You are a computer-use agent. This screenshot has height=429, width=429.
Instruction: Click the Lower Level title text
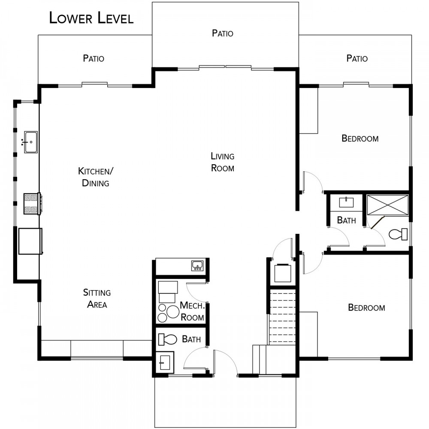click(x=91, y=18)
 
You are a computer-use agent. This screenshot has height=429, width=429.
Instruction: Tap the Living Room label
click(x=222, y=162)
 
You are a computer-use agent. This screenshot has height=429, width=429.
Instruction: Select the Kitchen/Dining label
click(x=96, y=177)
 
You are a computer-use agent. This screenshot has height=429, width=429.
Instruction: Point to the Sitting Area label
click(x=97, y=299)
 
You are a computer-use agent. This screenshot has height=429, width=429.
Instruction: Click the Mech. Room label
click(x=192, y=311)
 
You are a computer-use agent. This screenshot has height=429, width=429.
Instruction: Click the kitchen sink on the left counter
click(x=30, y=142)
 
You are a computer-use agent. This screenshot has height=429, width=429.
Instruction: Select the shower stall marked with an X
click(x=387, y=205)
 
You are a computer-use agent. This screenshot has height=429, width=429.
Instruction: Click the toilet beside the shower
click(x=398, y=234)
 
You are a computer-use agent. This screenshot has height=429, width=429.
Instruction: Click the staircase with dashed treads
click(x=282, y=317)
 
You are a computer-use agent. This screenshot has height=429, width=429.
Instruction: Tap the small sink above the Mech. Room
click(x=197, y=266)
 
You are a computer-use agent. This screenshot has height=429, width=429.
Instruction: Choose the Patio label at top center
click(x=222, y=33)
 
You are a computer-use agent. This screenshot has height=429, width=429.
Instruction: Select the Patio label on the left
click(x=94, y=58)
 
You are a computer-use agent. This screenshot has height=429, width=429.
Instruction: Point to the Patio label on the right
click(x=357, y=58)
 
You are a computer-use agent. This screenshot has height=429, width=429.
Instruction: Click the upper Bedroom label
click(x=360, y=139)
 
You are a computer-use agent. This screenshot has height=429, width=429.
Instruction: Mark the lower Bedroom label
click(x=366, y=308)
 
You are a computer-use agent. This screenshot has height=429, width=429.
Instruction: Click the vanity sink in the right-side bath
click(x=346, y=202)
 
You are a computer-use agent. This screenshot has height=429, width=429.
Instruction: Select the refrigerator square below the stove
click(x=30, y=241)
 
